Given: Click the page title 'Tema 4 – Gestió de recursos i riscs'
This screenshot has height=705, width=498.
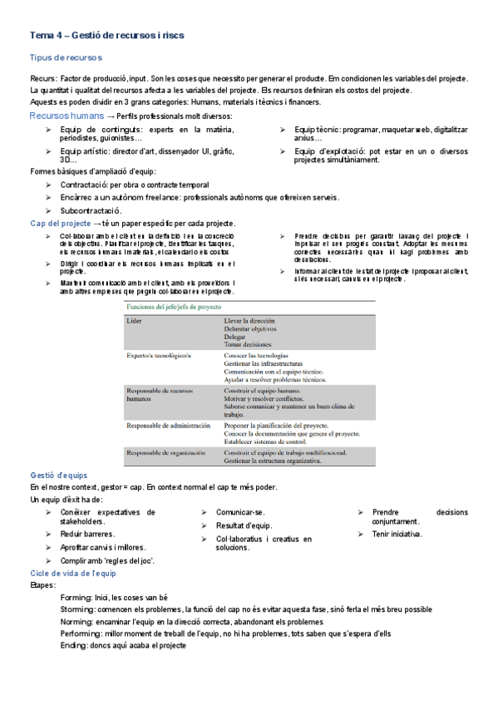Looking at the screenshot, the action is [x=107, y=36].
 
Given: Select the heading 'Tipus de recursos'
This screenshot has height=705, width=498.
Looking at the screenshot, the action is [x=65, y=57].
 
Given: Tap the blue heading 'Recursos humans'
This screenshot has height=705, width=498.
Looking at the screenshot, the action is [x=67, y=116].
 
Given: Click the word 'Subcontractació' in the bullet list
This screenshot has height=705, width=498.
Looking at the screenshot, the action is [x=91, y=211].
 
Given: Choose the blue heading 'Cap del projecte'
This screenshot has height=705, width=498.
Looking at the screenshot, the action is [x=60, y=224].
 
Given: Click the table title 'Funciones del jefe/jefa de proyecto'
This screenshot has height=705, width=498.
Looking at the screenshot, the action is [x=170, y=307].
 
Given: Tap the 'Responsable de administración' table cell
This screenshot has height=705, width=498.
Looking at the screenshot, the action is [x=168, y=425].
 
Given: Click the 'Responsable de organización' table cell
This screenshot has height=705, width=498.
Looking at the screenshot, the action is [x=166, y=452].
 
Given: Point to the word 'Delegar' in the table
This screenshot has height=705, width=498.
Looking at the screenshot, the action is [x=236, y=337].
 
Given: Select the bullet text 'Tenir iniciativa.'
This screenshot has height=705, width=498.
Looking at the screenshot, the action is [x=397, y=534].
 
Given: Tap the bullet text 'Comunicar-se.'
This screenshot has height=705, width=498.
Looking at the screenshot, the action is [x=240, y=512].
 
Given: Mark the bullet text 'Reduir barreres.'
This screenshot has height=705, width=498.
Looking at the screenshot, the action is [x=87, y=534].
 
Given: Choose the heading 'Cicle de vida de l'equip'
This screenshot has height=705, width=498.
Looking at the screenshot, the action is [x=73, y=574].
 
